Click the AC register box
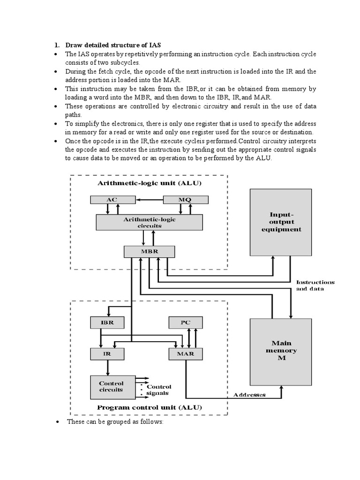coord(112,200)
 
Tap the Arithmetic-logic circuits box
coord(150,222)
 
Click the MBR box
coord(150,251)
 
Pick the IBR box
coord(107,322)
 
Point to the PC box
coord(186,322)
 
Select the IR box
coord(107,354)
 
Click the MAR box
coord(186,354)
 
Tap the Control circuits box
coord(112,386)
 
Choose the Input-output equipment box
coord(281,222)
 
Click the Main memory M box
coord(281,351)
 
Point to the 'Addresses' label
coord(250,395)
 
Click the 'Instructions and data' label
coord(315,285)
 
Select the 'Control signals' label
coord(159,390)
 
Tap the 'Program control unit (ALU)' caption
coord(150,407)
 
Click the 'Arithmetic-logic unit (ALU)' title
coord(150,183)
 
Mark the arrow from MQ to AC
coord(149,200)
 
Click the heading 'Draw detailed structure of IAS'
coord(112,45)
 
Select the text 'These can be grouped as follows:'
coord(115,422)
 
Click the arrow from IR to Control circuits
coord(107,367)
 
